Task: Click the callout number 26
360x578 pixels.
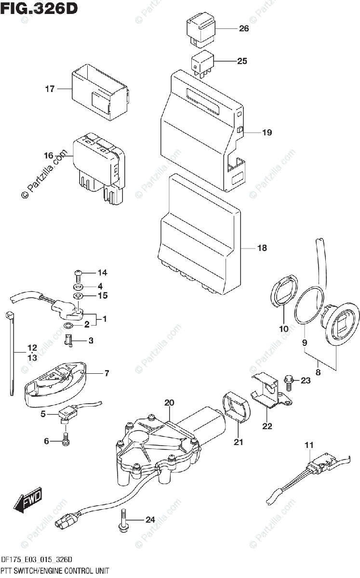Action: pos(244,28)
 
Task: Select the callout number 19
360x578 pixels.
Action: pos(267,132)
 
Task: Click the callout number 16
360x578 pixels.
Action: pos(48,156)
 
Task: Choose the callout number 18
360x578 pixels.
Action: pos(262,249)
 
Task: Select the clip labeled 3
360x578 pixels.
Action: pos(69,341)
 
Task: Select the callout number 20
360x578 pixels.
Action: pos(169,402)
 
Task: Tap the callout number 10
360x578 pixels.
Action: pos(283,329)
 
